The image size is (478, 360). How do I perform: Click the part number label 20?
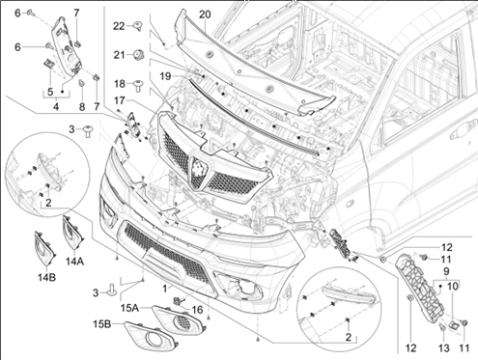pyautogui.click(x=205, y=14)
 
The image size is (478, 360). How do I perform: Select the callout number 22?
pyautogui.click(x=119, y=26)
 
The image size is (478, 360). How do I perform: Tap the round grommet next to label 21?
pyautogui.click(x=139, y=55)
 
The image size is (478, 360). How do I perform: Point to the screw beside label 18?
pyautogui.click(x=139, y=85)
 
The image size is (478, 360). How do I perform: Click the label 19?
pyautogui.click(x=166, y=76)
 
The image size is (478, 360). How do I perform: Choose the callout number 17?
pyautogui.click(x=119, y=101)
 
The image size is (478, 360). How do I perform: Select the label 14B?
pyautogui.click(x=47, y=277)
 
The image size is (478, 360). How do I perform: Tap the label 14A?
pyautogui.click(x=75, y=262)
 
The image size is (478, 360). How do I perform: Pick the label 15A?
pyautogui.click(x=130, y=308)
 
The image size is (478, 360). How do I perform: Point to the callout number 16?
pyautogui.click(x=197, y=310)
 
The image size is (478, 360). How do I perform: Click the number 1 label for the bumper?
pyautogui.click(x=165, y=289)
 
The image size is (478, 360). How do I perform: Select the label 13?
pyautogui.click(x=443, y=347)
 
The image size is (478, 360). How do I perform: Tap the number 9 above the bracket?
pyautogui.click(x=447, y=271)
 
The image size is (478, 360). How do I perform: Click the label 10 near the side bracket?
pyautogui.click(x=453, y=286)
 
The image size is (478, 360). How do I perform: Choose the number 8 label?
pyautogui.click(x=82, y=107)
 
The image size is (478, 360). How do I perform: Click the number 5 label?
pyautogui.click(x=50, y=92)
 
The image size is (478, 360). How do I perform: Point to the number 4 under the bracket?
pyautogui.click(x=56, y=106)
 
